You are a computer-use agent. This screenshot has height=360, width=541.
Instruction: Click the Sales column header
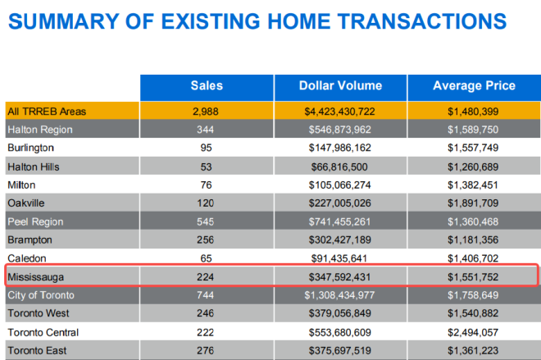(207, 86)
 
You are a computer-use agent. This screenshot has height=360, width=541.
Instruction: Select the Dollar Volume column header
(340, 86)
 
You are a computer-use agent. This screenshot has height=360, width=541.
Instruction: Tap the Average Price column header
(474, 86)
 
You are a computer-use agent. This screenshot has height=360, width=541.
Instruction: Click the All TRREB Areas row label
(47, 111)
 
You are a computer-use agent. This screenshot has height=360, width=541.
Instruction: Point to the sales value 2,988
(207, 111)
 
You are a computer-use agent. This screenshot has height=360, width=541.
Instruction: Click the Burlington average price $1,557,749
(474, 148)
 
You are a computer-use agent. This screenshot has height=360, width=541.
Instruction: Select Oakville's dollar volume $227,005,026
(340, 203)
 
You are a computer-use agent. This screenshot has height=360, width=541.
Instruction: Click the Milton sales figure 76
(207, 185)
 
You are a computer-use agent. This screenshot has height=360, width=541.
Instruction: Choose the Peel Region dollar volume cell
(340, 221)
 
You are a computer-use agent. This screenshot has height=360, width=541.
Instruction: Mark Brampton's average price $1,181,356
(474, 240)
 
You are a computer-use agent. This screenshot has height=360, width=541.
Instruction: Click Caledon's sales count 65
(207, 258)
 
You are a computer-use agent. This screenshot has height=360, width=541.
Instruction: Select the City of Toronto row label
(40, 295)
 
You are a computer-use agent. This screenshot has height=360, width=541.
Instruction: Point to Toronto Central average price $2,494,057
(474, 332)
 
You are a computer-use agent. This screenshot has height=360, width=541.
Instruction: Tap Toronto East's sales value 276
(207, 351)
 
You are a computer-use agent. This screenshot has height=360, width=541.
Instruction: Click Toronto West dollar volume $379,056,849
(340, 314)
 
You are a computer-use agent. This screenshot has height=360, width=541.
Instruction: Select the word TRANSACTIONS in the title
(419, 23)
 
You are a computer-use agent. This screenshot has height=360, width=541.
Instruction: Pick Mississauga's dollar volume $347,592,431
(340, 277)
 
